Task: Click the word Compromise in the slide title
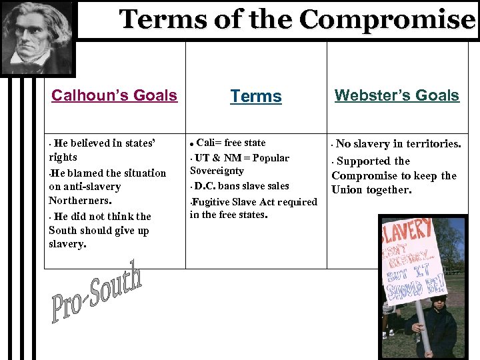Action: pos(387,20)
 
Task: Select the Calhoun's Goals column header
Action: pos(114,95)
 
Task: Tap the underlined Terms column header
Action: pos(256,97)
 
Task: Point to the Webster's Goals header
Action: pos(397,95)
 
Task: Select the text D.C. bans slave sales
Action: pos(242,186)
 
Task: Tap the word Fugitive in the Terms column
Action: pos(212,201)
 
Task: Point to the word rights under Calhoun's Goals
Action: pos(63,158)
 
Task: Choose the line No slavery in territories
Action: pos(398,144)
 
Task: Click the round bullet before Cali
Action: pos(192,144)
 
